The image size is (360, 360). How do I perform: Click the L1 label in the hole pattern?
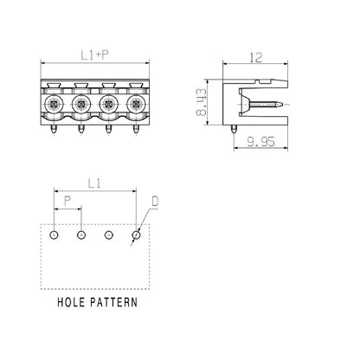(x=95, y=183)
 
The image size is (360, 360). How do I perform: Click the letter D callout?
(x=155, y=202)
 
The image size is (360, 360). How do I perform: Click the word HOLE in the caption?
(x=74, y=304)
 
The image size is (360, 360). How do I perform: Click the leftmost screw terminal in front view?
(x=54, y=106)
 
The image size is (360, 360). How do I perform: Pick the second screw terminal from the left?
(x=80, y=106)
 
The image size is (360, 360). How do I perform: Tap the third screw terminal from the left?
(x=108, y=106)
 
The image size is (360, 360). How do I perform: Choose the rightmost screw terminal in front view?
(x=135, y=106)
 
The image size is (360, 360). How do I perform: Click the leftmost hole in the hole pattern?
(x=54, y=235)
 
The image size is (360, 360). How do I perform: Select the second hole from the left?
(x=80, y=235)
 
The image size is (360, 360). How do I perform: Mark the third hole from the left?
(x=108, y=235)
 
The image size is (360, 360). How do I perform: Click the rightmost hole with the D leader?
(x=136, y=235)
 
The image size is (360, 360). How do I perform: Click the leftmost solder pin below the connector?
(x=54, y=129)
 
